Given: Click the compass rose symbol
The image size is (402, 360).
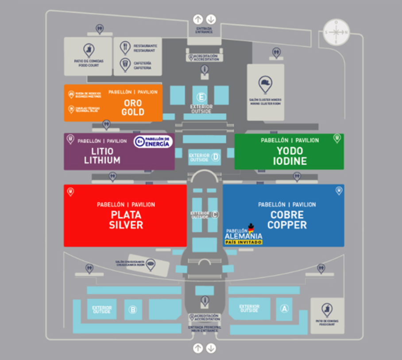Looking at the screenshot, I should (x=336, y=32).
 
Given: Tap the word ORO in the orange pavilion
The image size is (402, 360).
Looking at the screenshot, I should (x=133, y=103).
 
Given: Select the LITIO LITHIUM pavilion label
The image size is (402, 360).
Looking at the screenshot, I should (x=102, y=155).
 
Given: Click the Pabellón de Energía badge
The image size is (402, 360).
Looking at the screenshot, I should (x=152, y=142).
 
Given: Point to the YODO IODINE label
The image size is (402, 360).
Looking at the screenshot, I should (x=290, y=156).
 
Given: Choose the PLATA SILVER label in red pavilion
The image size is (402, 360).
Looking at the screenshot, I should (x=126, y=220).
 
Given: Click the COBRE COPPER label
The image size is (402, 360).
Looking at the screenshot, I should (x=287, y=220).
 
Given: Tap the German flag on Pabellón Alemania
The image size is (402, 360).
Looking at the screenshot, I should (x=251, y=228).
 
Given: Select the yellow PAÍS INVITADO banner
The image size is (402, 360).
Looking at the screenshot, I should (x=240, y=242).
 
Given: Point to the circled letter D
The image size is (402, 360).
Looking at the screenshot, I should (x=216, y=156).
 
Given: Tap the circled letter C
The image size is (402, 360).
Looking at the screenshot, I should (x=215, y=215).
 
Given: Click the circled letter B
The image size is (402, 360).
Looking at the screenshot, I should (x=132, y=310).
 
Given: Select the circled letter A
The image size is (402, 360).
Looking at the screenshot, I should (x=284, y=309).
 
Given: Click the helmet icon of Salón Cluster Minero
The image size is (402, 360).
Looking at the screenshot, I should (x=266, y=84).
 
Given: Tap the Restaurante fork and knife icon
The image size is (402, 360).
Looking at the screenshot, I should (x=125, y=47).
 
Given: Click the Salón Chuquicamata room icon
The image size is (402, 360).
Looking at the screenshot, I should (x=151, y=264).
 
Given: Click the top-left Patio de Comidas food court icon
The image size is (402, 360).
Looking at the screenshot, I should (x=89, y=50).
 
